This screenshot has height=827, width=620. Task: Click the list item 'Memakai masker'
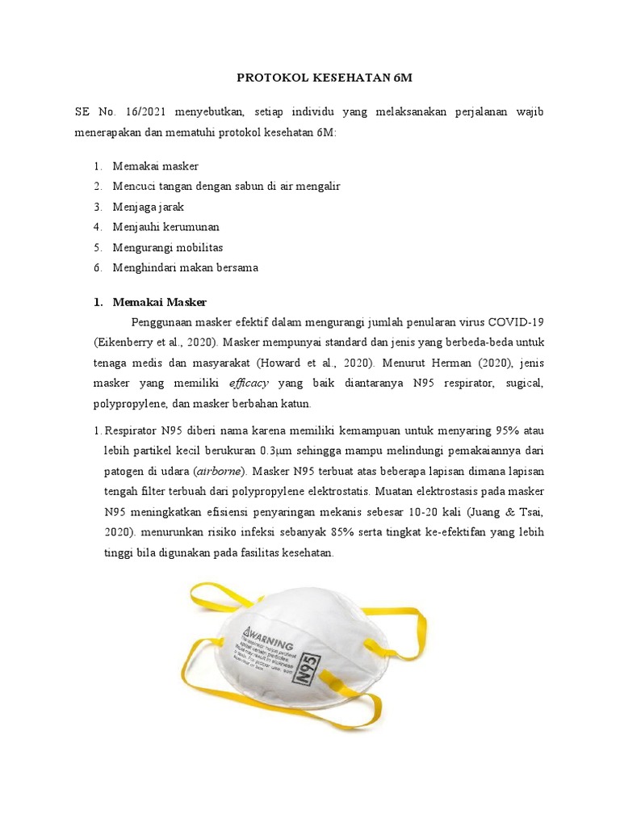[155, 166]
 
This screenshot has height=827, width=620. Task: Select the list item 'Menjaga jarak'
[149, 206]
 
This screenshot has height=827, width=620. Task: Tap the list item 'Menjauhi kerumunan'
[165, 227]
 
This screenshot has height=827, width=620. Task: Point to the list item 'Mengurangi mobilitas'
[168, 247]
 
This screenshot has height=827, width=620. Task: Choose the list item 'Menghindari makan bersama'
[185, 267]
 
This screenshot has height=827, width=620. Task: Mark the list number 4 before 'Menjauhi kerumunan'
[96, 227]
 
